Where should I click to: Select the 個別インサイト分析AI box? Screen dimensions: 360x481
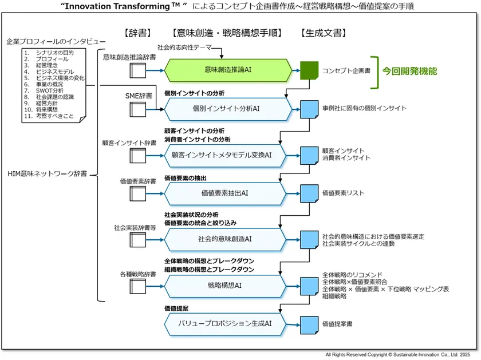tap(227, 109)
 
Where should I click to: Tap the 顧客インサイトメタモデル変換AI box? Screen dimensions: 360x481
tap(227, 155)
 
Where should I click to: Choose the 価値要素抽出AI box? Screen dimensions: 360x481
tap(227, 193)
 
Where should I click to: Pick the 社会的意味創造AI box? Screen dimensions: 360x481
tap(227, 238)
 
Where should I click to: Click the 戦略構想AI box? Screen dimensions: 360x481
tap(227, 284)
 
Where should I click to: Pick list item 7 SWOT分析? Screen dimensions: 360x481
tap(49, 90)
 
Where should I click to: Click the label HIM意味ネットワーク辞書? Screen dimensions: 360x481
tap(48, 174)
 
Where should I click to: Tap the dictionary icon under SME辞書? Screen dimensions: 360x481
tap(138, 109)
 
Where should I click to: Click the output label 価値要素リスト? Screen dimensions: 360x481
tap(343, 193)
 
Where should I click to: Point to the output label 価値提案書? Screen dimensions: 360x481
tap(337, 324)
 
